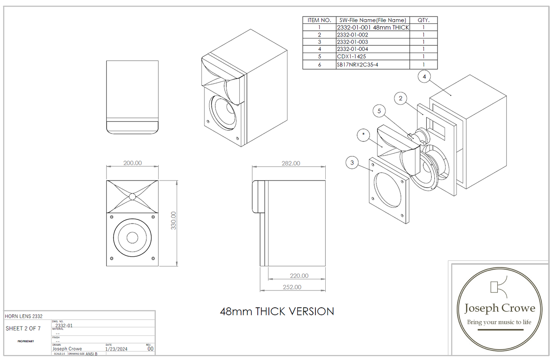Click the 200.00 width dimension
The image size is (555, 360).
pyautogui.click(x=133, y=163)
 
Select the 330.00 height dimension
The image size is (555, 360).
pyautogui.click(x=173, y=221)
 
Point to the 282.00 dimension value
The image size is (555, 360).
pyautogui.click(x=291, y=163)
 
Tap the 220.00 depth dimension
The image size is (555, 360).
pyautogui.click(x=299, y=275)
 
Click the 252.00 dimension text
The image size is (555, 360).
pyautogui.click(x=292, y=287)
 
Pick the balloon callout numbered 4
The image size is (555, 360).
pyautogui.click(x=424, y=77)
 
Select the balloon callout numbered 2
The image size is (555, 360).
pyautogui.click(x=401, y=98)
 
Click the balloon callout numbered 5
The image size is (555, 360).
pyautogui.click(x=379, y=111)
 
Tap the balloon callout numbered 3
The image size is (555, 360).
pyautogui.click(x=352, y=163)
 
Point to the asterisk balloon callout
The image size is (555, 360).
pyautogui.click(x=363, y=135)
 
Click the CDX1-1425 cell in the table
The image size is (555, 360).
pyautogui.click(x=351, y=56)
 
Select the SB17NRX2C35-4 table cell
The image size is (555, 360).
pyautogui.click(x=358, y=65)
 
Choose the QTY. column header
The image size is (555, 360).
pyautogui.click(x=423, y=20)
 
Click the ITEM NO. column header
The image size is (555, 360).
pyautogui.click(x=319, y=20)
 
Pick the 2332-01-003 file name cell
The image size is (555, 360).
pyautogui.click(x=353, y=42)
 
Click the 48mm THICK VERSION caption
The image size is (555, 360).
pyautogui.click(x=277, y=311)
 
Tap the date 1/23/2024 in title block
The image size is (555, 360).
pyautogui.click(x=116, y=349)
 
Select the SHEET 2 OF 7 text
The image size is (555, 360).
pyautogui.click(x=23, y=328)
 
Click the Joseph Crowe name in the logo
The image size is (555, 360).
pyautogui.click(x=499, y=308)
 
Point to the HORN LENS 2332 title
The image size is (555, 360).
pyautogui.click(x=24, y=316)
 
